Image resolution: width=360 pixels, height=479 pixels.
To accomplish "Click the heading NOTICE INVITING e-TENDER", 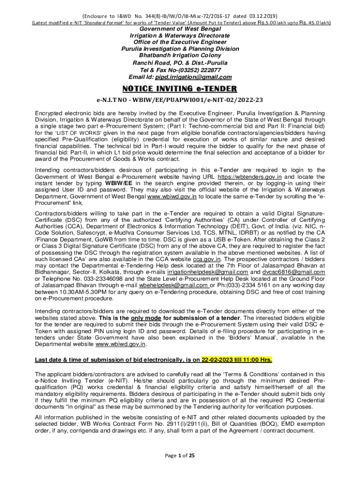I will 180,89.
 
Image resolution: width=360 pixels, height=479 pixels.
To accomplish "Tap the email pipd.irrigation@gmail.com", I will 194,77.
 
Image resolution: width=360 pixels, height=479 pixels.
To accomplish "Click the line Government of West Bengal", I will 180,29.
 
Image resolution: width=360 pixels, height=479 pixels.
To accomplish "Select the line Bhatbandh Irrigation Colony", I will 180,55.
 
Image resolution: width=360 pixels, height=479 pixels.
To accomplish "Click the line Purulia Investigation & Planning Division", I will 180,49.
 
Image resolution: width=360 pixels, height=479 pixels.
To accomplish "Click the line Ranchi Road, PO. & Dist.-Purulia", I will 180,62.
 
